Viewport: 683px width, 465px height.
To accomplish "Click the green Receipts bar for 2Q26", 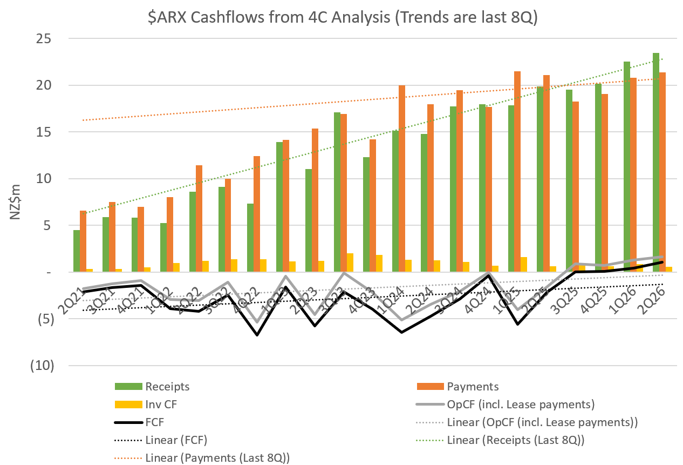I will click(x=655, y=162).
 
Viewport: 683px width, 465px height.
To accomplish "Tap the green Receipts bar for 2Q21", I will click(x=77, y=251).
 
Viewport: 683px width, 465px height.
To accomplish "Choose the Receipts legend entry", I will click(x=167, y=386).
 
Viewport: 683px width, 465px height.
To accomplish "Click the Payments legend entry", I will click(x=473, y=386).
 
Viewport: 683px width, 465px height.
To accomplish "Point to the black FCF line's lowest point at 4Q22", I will click(x=257, y=335).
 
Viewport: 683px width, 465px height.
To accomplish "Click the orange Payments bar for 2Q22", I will click(x=199, y=219).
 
